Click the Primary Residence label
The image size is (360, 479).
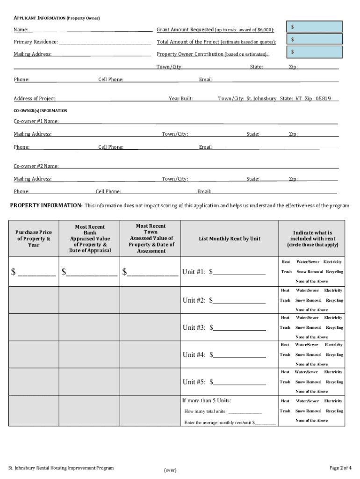(36, 42)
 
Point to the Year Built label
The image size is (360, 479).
(180, 99)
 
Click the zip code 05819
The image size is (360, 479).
(323, 99)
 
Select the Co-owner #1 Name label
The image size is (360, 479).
(36, 122)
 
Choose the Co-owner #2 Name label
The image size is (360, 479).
(36, 166)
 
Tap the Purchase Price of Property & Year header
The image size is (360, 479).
(33, 239)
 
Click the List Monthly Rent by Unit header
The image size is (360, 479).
(229, 239)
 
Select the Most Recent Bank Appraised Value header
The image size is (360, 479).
(90, 238)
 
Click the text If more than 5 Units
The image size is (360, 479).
(207, 400)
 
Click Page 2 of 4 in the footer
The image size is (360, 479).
(340, 468)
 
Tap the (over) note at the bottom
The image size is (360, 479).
(170, 470)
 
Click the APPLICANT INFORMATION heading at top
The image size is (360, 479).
(57, 18)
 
